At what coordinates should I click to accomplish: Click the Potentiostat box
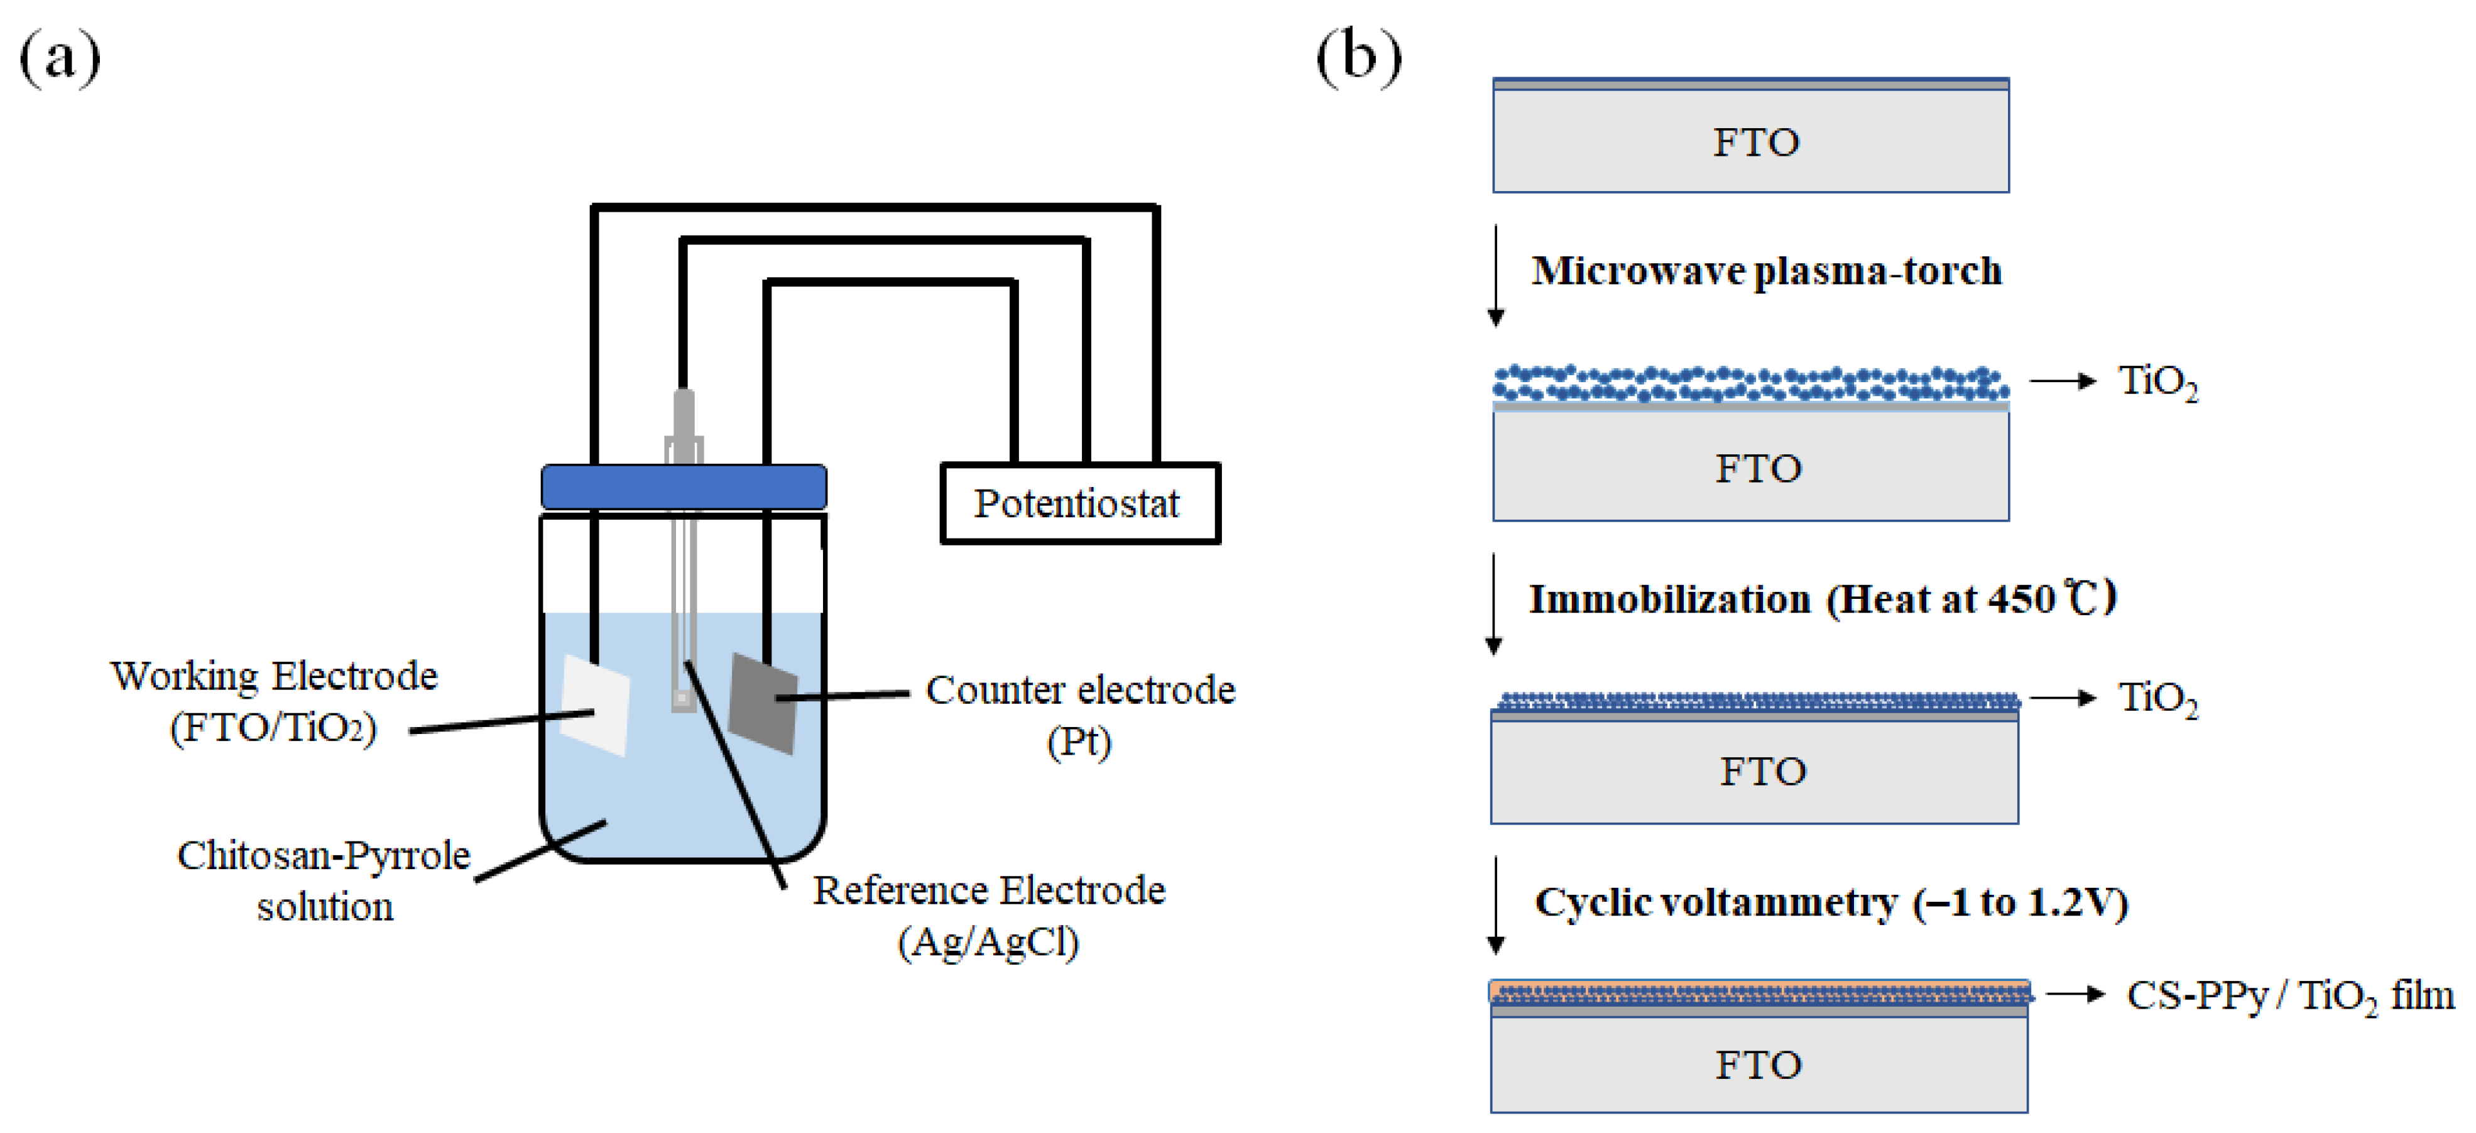coord(1079,503)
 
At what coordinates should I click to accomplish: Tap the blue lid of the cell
coord(684,487)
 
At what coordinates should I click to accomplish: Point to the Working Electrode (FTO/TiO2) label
coord(274,701)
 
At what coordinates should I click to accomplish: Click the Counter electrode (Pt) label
coord(1079,714)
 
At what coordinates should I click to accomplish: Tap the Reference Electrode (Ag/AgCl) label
coord(988,915)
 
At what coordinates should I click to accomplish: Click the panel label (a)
coord(60,58)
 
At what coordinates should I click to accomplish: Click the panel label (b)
coord(1358,58)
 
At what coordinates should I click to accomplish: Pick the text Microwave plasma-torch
coord(1765,271)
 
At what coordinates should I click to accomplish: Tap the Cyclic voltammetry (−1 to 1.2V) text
coord(1830,901)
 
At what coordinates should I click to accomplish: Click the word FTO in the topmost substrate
coord(1755,142)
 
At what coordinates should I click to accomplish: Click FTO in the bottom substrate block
coord(1758,1065)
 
